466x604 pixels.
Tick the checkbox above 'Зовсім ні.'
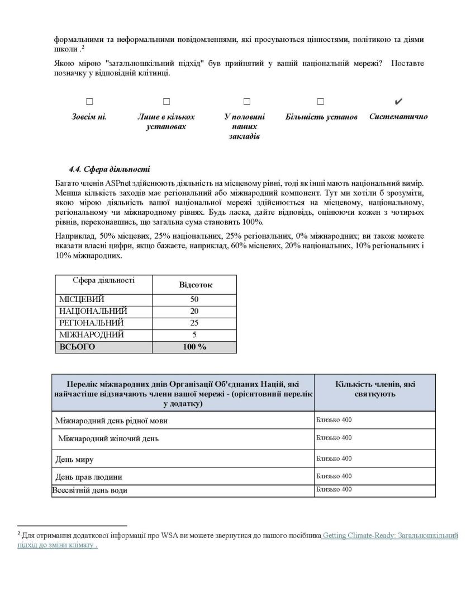coord(89,102)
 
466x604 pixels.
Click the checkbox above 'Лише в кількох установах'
coord(166,102)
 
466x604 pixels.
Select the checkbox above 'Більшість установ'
coord(320,102)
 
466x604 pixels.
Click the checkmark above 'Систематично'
coord(398,102)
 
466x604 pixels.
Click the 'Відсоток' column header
coord(195,285)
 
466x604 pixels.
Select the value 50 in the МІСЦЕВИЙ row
coord(194,299)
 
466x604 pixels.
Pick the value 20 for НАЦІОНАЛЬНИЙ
coord(194,311)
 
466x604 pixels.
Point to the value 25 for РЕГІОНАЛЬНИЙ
coord(194,323)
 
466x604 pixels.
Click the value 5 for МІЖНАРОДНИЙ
coord(194,334)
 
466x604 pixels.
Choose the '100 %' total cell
coord(194,347)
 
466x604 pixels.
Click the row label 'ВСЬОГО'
coord(78,347)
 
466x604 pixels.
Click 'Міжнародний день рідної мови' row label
coord(112,421)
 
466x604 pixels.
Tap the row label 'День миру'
coord(75,460)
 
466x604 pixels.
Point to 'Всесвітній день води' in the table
coord(90,490)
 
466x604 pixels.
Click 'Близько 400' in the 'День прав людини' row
coord(334,476)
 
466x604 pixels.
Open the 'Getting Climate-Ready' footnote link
coord(391,536)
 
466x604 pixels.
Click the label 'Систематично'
coord(398,117)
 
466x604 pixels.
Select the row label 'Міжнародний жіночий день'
coord(108,438)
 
